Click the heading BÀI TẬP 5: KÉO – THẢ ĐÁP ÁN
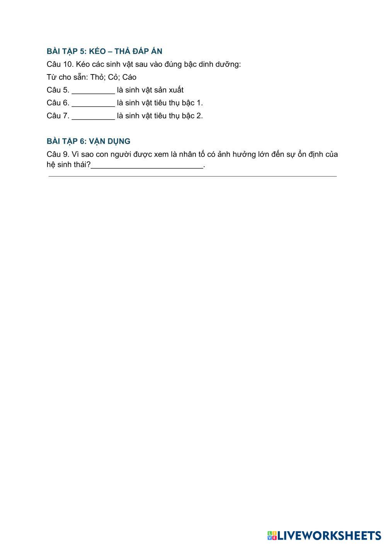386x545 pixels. point(104,51)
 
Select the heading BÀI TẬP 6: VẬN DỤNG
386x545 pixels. point(88,141)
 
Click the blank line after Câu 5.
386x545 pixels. point(93,91)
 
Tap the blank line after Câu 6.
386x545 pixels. point(93,104)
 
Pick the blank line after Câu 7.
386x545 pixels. point(93,117)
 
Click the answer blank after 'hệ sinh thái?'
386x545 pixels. point(147,166)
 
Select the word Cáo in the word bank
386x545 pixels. point(129,77)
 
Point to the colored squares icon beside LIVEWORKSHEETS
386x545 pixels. point(272,535)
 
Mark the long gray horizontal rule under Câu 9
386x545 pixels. point(192,176)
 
